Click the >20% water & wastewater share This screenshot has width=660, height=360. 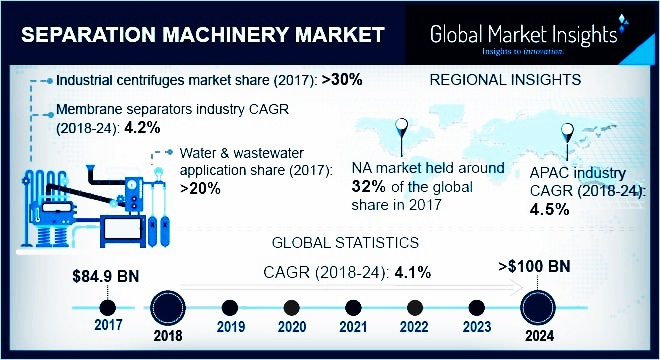202,186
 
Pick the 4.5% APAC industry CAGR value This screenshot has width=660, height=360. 549,209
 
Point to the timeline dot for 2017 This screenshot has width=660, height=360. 107,306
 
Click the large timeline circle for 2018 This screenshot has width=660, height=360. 168,305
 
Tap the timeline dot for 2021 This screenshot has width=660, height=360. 351,306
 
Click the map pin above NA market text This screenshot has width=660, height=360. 402,130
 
